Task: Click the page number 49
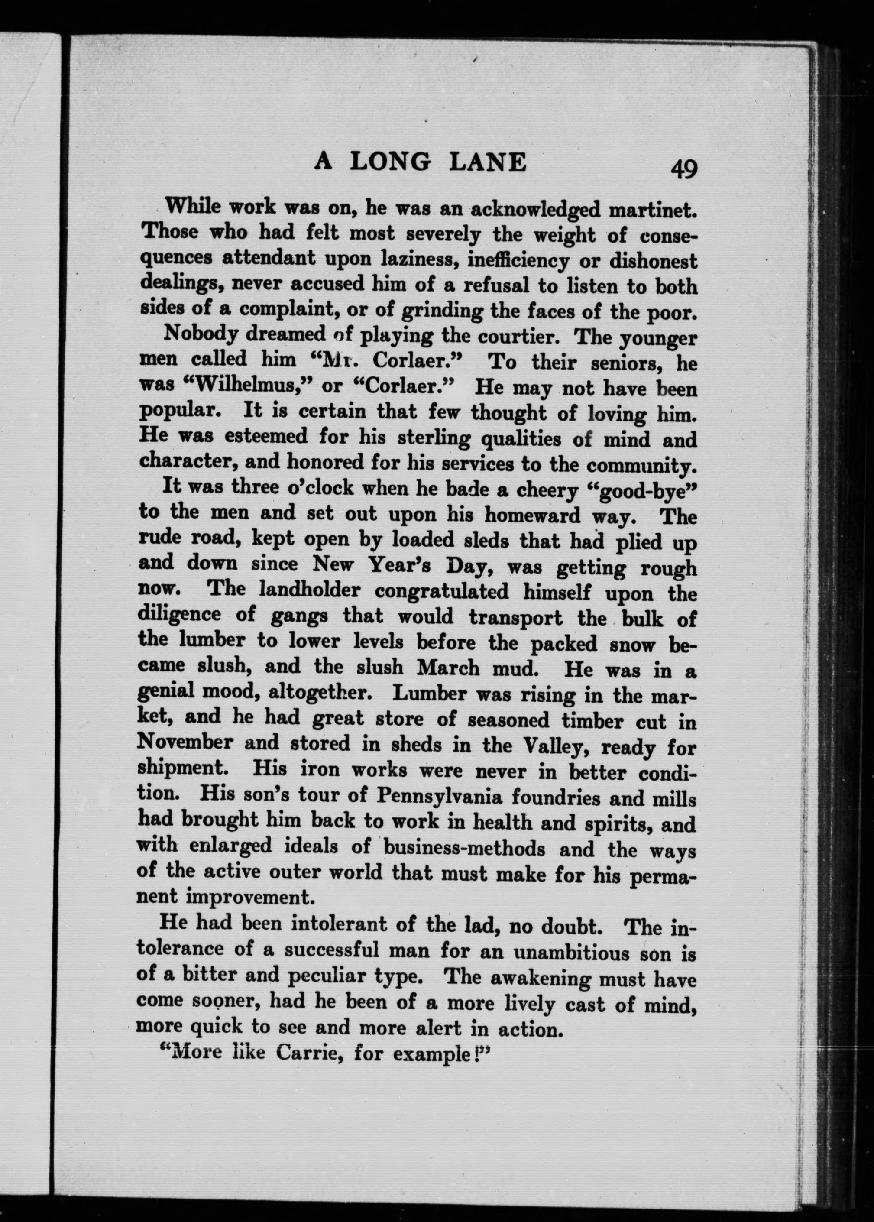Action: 683,169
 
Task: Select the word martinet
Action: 652,210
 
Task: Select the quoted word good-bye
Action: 637,491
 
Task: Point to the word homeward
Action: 532,515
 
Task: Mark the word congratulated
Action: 441,591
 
